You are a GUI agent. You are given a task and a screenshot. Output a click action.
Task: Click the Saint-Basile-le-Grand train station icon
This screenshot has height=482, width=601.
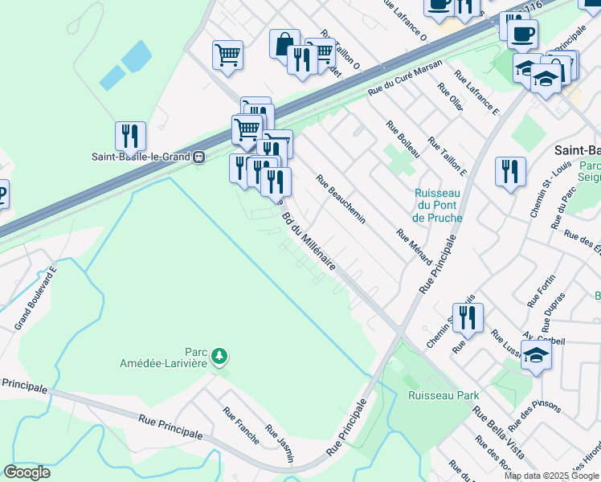pos(198,157)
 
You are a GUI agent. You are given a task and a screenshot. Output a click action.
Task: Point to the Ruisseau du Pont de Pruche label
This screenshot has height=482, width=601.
pos(437,206)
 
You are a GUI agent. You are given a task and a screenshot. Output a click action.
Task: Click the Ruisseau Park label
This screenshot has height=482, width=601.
pos(443,394)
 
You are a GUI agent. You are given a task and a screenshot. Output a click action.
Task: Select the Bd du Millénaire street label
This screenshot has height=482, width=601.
pos(307,239)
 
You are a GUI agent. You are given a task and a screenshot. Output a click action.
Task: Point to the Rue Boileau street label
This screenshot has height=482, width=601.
pos(403,137)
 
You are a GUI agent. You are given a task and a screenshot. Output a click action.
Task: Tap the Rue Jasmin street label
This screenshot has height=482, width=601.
pos(280,444)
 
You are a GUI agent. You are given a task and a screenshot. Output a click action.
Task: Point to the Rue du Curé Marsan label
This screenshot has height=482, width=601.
pos(405,80)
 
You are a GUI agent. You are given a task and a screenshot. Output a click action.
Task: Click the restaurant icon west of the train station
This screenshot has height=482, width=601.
pos(130,137)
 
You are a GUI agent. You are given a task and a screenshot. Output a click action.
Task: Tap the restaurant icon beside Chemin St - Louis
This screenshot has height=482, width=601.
pos(510,171)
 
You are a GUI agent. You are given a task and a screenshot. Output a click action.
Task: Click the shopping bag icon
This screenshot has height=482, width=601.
pos(284,44)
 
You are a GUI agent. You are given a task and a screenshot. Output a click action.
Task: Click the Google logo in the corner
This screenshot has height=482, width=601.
pos(27,472)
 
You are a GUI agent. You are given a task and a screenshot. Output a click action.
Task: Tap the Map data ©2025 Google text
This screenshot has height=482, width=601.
pos(552,476)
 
